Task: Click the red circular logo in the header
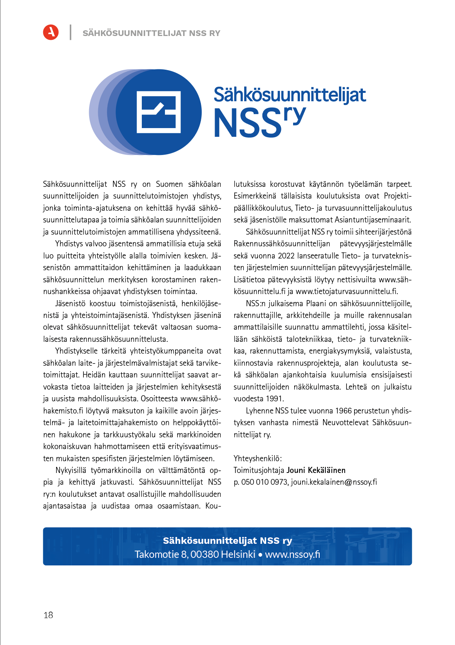tap(51, 32)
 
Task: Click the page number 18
tap(48, 615)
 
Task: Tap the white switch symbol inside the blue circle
tap(158, 112)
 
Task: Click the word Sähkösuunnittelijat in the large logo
tap(290, 95)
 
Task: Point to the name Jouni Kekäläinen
tap(316, 470)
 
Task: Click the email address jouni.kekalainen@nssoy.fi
tap(334, 482)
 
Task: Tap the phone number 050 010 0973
tap(265, 482)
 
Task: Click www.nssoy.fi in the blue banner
tap(292, 554)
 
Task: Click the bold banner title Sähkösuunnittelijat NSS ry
tap(227, 540)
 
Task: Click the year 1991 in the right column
tap(275, 399)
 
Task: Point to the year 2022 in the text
tap(286, 256)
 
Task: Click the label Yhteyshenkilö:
tap(257, 459)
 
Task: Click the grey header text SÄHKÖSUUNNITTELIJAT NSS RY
tap(151, 33)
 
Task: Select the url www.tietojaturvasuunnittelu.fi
tap(347, 291)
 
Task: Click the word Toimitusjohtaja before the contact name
tap(259, 470)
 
